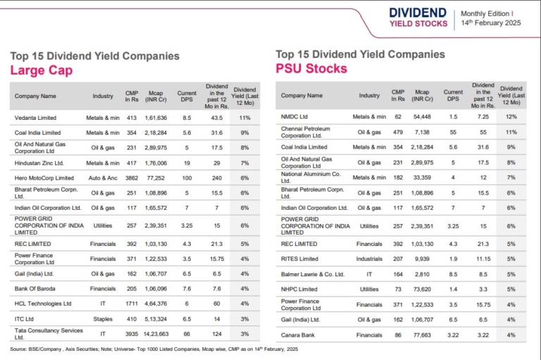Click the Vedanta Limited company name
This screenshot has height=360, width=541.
(x=35, y=118)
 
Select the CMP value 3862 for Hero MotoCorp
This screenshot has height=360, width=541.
(x=131, y=178)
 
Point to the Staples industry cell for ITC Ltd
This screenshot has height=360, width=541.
(x=103, y=318)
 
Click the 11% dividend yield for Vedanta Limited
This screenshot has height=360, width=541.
(x=244, y=118)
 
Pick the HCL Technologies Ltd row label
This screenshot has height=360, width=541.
(x=43, y=304)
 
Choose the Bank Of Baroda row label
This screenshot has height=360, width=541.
(x=36, y=288)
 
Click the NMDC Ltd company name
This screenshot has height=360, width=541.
(x=294, y=116)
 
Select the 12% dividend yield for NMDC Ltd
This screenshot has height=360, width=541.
(x=511, y=116)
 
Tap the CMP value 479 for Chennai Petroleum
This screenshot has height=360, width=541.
(x=397, y=132)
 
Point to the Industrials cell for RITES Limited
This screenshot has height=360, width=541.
(x=369, y=259)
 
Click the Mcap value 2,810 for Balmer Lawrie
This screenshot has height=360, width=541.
(x=422, y=273)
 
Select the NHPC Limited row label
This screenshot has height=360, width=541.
(x=299, y=289)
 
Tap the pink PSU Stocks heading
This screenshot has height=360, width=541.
(x=311, y=68)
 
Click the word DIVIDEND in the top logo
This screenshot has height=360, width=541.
(x=418, y=12)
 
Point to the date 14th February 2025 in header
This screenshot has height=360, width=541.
(x=491, y=23)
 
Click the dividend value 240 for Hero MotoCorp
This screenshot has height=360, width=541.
(x=216, y=178)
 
